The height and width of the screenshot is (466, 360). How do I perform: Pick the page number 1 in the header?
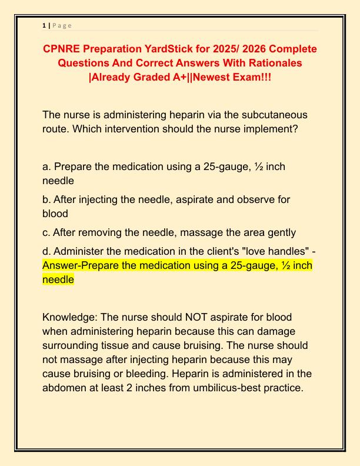[44, 25]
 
